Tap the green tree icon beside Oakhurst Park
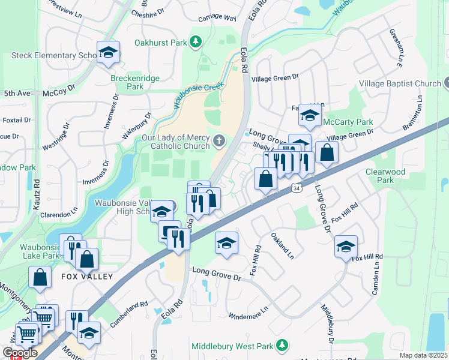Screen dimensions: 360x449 click(x=195, y=41)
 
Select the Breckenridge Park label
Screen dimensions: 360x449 click(x=127, y=82)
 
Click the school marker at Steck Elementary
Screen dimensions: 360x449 click(x=108, y=52)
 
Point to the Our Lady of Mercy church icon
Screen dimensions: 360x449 click(x=219, y=141)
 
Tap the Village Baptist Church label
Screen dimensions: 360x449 click(x=400, y=83)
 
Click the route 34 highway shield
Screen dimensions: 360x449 click(x=296, y=188)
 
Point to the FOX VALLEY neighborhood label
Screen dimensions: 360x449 click(x=86, y=277)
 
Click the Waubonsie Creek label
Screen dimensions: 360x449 click(x=199, y=94)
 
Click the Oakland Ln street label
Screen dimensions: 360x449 click(x=282, y=245)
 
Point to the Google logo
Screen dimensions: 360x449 click(x=20, y=353)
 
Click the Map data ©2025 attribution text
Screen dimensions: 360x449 click(x=423, y=355)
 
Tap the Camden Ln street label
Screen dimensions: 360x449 click(x=378, y=273)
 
